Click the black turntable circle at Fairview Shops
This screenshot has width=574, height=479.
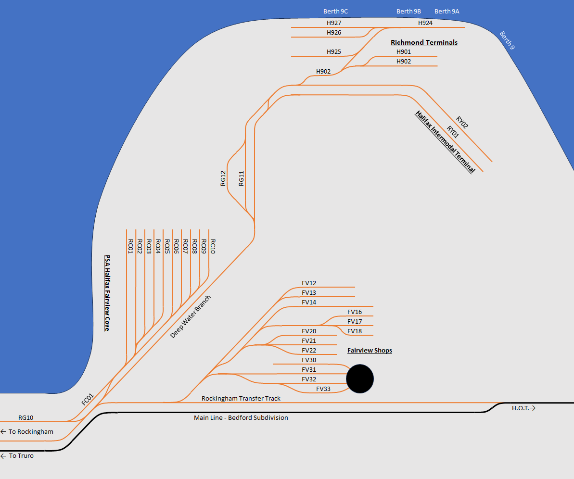pyautogui.click(x=360, y=378)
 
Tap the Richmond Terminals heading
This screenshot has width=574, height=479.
pyautogui.click(x=424, y=42)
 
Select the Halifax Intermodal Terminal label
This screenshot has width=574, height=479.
pyautogui.click(x=445, y=142)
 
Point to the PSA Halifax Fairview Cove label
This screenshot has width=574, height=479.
pyautogui.click(x=107, y=293)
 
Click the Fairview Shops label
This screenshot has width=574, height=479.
pyautogui.click(x=370, y=351)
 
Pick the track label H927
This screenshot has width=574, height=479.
pyautogui.click(x=333, y=23)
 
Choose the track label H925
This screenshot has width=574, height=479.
pyautogui.click(x=333, y=51)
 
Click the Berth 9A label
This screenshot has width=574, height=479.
pyautogui.click(x=446, y=11)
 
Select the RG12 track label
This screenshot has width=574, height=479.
pyautogui.click(x=223, y=178)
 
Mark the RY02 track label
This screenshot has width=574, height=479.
pyautogui.click(x=462, y=123)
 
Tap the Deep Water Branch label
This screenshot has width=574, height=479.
pyautogui.click(x=191, y=316)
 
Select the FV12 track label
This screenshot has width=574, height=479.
pyautogui.click(x=309, y=283)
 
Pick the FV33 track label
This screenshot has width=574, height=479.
pyautogui.click(x=323, y=389)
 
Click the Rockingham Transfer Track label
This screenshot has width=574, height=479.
pyautogui.click(x=241, y=398)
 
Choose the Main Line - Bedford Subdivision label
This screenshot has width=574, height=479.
pyautogui.click(x=241, y=418)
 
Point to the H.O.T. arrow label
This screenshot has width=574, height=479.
pyautogui.click(x=523, y=408)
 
